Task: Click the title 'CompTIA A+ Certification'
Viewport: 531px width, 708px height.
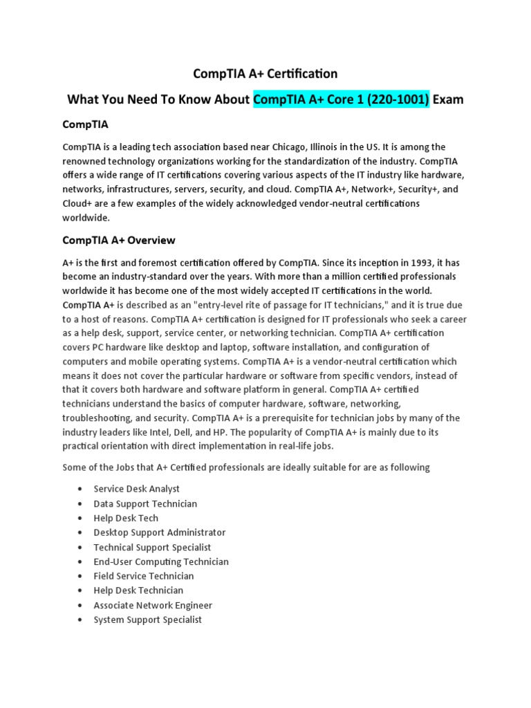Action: click(x=265, y=73)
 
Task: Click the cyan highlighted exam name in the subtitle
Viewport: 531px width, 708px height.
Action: click(x=341, y=100)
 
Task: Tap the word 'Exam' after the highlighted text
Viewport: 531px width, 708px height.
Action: click(x=448, y=100)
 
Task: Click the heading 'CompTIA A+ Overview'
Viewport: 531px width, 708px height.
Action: click(x=118, y=241)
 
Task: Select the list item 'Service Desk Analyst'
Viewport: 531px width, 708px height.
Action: click(x=137, y=489)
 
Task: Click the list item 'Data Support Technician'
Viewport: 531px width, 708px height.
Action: click(x=145, y=503)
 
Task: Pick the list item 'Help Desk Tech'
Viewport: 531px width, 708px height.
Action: click(x=126, y=518)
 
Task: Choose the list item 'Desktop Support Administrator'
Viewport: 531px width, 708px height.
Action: click(x=160, y=532)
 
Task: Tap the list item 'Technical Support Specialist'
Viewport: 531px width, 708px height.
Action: click(x=152, y=547)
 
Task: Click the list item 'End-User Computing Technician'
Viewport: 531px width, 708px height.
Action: click(x=161, y=561)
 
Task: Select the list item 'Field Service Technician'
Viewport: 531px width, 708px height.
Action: click(x=144, y=576)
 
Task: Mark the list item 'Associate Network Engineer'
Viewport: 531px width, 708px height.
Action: click(x=153, y=605)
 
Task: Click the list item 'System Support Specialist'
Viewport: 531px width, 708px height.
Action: click(x=148, y=619)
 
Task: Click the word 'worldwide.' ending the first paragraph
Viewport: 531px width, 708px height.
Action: click(x=86, y=217)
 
